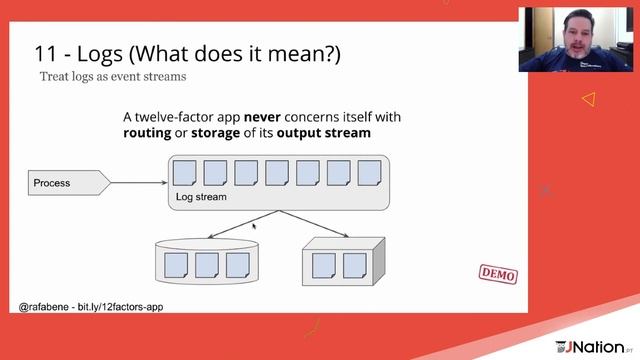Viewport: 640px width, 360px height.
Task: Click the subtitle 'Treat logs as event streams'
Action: (x=113, y=76)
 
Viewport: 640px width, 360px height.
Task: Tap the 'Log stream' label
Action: (x=201, y=197)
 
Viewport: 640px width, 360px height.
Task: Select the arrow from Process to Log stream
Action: (x=138, y=183)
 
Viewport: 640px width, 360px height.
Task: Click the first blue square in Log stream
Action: (x=185, y=173)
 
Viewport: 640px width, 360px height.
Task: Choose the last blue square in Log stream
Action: (x=370, y=173)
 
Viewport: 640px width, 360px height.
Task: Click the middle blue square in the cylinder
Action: (x=207, y=264)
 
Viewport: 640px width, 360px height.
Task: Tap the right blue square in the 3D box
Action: (x=355, y=265)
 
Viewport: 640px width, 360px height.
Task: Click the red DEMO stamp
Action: (x=498, y=273)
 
